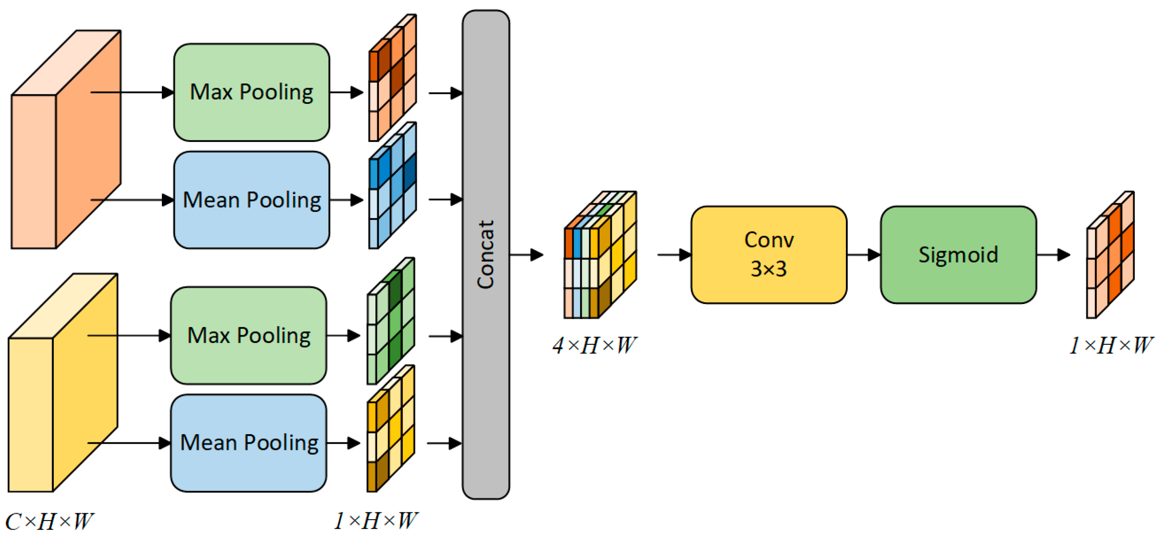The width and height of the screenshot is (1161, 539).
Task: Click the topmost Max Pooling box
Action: [x=251, y=92]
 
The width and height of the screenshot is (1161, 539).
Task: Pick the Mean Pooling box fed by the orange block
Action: [x=251, y=199]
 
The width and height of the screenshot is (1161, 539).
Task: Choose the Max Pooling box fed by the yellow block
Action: [x=248, y=335]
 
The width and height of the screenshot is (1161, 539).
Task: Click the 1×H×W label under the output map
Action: [x=1109, y=345]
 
